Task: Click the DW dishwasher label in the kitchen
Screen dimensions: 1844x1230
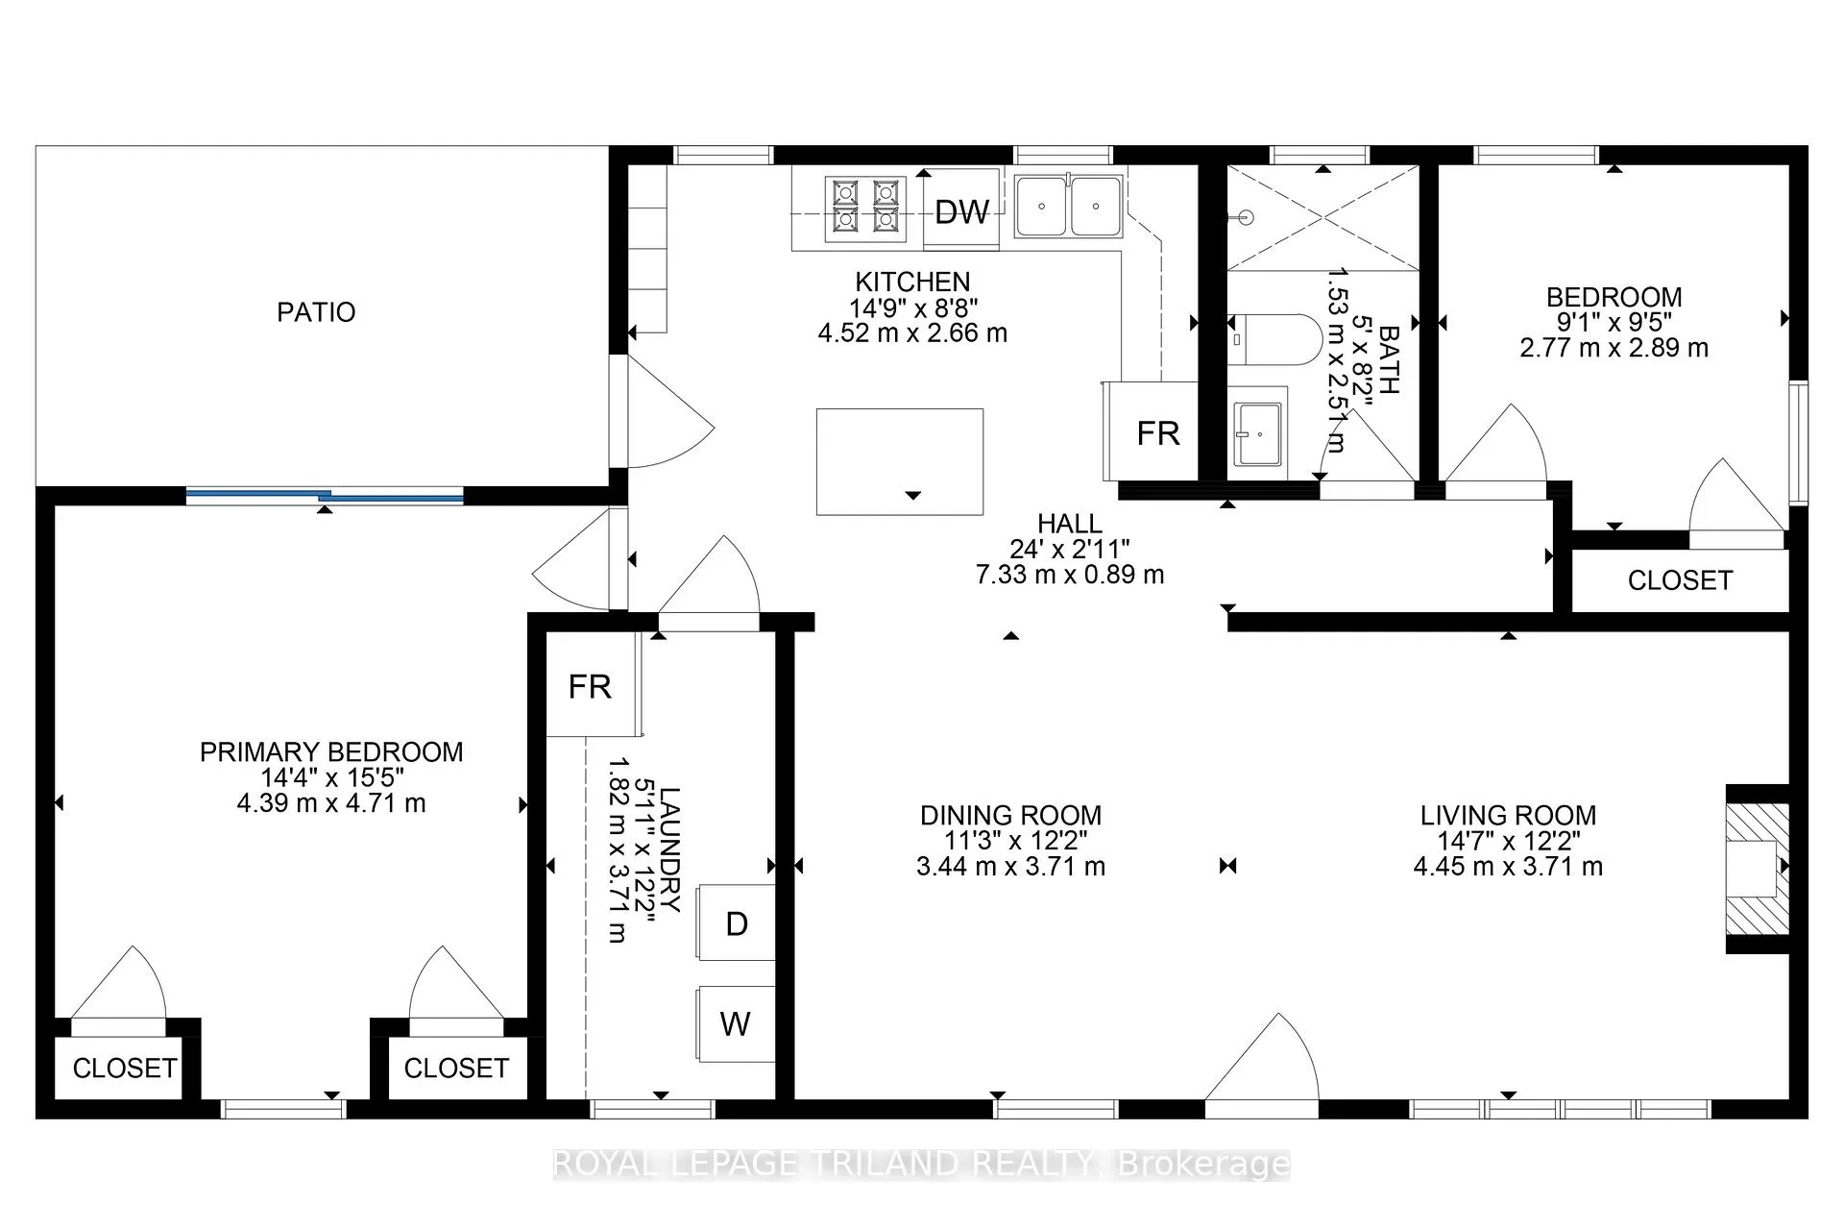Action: click(x=961, y=211)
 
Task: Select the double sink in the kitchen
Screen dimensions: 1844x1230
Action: click(x=1068, y=206)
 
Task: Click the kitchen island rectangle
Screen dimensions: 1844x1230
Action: click(x=900, y=461)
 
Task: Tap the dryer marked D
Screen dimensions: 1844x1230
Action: click(x=736, y=922)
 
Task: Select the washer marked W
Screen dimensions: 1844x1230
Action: click(x=736, y=1023)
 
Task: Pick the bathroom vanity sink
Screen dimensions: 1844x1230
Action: click(x=1258, y=433)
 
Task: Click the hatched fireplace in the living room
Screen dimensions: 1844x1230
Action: click(x=1759, y=868)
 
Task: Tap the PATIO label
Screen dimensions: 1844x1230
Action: click(x=316, y=312)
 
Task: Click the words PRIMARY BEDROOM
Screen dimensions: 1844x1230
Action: click(x=331, y=751)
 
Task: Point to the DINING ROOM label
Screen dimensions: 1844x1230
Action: click(x=1010, y=815)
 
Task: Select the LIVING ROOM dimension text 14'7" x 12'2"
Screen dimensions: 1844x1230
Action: click(x=1508, y=841)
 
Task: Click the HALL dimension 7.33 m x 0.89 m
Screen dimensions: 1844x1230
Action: click(x=1070, y=575)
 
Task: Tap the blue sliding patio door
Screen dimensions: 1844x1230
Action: click(x=325, y=496)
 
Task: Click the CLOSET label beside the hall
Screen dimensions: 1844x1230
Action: click(x=1680, y=580)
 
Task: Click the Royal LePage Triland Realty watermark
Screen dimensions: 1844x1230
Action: click(x=922, y=1165)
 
